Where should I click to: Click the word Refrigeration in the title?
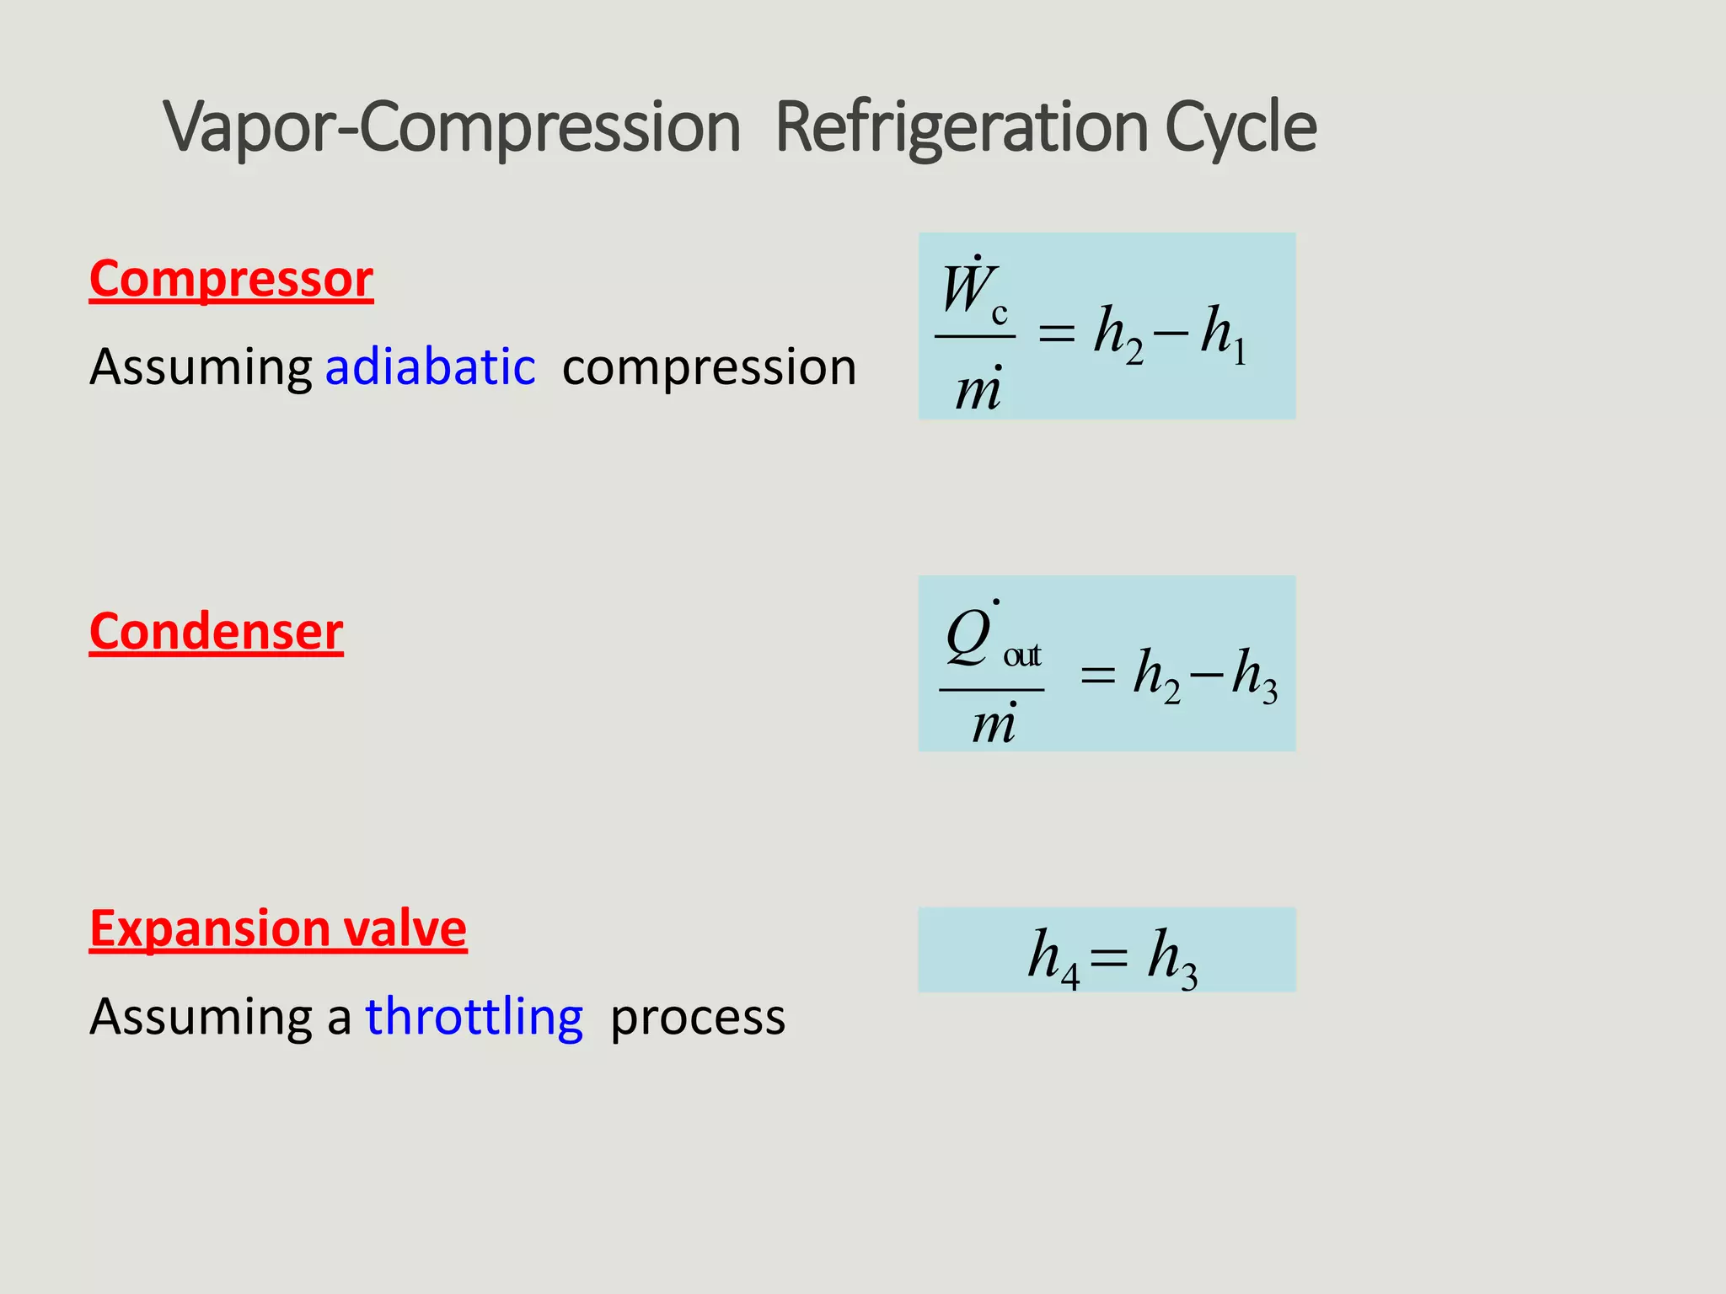[962, 128]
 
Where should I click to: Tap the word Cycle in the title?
[1241, 128]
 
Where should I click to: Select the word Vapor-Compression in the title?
[453, 128]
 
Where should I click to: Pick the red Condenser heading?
[216, 632]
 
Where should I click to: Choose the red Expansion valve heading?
[278, 928]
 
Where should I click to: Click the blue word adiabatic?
[430, 367]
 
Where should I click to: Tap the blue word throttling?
[474, 1016]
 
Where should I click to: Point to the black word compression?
[709, 367]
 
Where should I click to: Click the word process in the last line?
[698, 1018]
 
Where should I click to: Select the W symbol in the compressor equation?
[966, 289]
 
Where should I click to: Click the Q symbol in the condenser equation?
[969, 636]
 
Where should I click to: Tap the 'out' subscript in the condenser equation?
[1021, 655]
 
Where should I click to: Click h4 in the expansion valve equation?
[1053, 959]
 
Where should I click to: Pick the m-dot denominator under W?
[978, 389]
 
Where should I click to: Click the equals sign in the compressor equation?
[1056, 334]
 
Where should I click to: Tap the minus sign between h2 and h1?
[1171, 334]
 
